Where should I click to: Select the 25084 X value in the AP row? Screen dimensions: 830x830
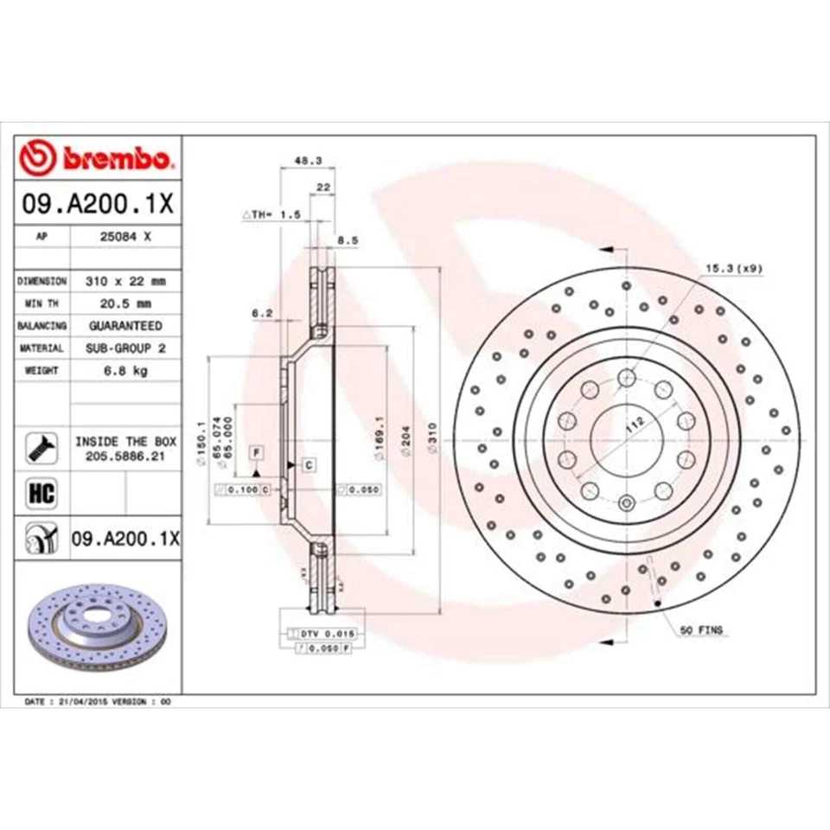(x=125, y=234)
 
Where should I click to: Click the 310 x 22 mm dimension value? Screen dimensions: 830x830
(x=125, y=282)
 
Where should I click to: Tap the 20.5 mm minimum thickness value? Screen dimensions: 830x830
(x=125, y=303)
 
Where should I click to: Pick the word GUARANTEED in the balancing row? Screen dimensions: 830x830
(x=125, y=326)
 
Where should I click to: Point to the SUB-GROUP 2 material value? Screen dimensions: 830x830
(x=125, y=348)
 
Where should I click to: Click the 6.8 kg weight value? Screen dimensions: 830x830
(x=125, y=370)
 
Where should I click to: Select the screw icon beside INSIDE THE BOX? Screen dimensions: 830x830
(x=42, y=447)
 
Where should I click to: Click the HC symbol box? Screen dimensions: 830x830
(x=42, y=494)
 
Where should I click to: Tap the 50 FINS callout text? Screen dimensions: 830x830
(x=702, y=630)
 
